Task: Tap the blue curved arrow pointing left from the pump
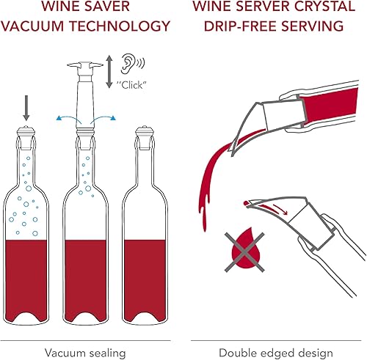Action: [x=64, y=117]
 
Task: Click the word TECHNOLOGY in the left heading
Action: [x=127, y=28]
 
